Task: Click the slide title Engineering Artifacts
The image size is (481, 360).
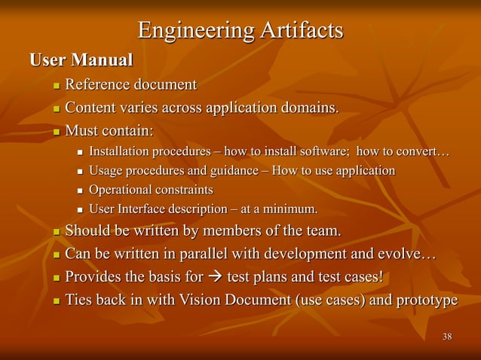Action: (240, 31)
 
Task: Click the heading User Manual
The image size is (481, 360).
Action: (81, 59)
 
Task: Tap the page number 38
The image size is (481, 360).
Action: (447, 336)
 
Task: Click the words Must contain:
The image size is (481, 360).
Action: (109, 131)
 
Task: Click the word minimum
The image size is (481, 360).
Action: (290, 209)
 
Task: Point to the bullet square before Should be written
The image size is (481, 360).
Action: (55, 230)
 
